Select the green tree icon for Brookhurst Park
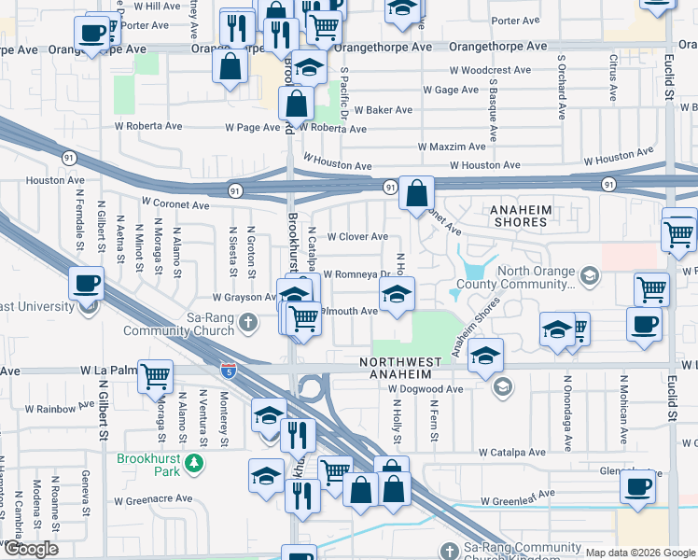[x=194, y=462]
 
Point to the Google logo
[x=31, y=549]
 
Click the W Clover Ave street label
[x=357, y=237]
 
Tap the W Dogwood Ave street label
[x=426, y=388]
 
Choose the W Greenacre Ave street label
[x=155, y=498]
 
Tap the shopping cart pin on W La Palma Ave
[x=156, y=377]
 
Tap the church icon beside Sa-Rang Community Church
[x=247, y=323]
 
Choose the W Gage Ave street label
[x=451, y=91]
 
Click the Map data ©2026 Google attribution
[x=640, y=552]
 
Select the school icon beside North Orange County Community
[x=589, y=274]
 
